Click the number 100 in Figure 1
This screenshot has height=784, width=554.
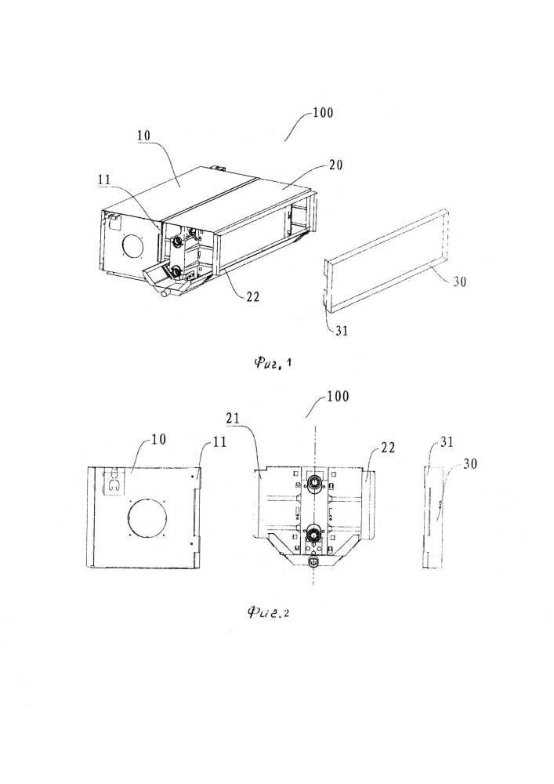[x=323, y=112]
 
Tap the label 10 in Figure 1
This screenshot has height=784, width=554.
[x=143, y=136]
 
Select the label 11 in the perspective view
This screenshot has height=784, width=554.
[x=104, y=180]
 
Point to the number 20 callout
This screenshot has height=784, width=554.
[x=335, y=165]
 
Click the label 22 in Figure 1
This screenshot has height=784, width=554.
[x=253, y=296]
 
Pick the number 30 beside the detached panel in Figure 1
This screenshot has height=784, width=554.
[x=459, y=281]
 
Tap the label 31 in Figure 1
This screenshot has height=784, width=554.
[x=341, y=331]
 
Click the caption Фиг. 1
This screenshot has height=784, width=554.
[x=272, y=362]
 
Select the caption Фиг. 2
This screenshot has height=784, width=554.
[x=268, y=612]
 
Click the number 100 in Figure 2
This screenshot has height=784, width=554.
[x=338, y=397]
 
